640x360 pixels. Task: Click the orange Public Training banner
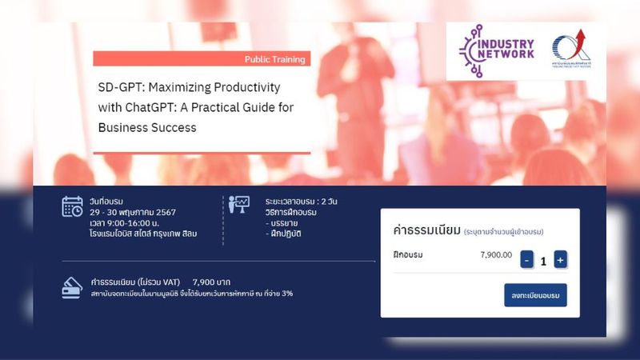(x=201, y=59)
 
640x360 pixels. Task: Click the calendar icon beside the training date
(x=73, y=206)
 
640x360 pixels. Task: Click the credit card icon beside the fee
(x=72, y=287)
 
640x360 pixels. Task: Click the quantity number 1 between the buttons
(x=543, y=260)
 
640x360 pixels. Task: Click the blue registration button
(x=535, y=295)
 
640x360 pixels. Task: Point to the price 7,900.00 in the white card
(x=496, y=255)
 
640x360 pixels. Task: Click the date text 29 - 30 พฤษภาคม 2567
(x=134, y=212)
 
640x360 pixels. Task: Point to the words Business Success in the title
(x=147, y=126)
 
